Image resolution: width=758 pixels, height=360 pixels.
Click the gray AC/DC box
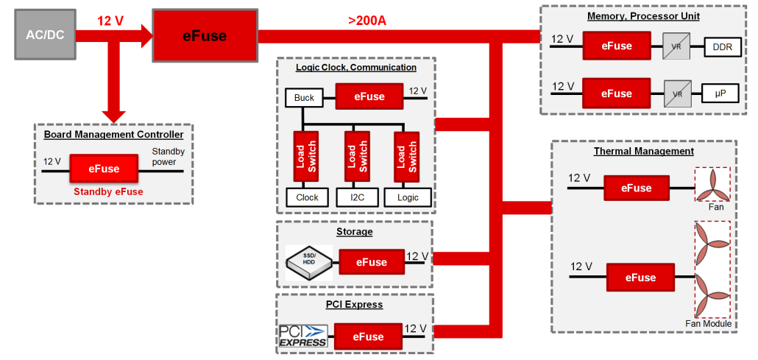pos(45,35)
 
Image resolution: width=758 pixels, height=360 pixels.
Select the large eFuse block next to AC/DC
pos(204,35)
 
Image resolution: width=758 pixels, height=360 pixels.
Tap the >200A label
pos(366,20)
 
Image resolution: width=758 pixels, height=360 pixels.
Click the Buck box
pos(304,98)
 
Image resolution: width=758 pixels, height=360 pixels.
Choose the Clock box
pos(307,197)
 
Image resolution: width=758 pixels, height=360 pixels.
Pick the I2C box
pos(356,197)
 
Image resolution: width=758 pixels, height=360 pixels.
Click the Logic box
pos(407,197)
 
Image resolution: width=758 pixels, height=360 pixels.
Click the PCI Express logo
pos(302,336)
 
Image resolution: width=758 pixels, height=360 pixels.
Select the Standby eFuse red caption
pos(107,192)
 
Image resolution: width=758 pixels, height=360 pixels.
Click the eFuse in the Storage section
pos(372,262)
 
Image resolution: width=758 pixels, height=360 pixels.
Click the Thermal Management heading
pos(643,151)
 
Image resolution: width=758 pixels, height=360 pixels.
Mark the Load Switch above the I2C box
pos(356,158)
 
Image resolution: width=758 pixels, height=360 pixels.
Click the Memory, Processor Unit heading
pos(643,16)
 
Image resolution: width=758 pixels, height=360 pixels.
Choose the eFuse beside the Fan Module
pos(640,278)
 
